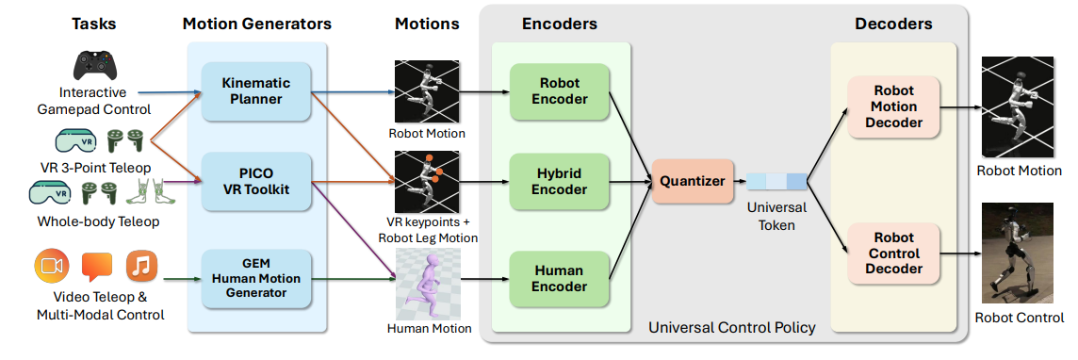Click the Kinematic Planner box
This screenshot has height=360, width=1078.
click(255, 92)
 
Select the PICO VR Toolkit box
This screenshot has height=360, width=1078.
click(255, 182)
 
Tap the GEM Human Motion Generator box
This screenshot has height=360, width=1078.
click(255, 279)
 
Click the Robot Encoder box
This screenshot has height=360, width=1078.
click(560, 92)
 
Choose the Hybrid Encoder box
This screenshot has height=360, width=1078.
click(560, 181)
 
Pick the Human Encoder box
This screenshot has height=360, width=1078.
click(560, 279)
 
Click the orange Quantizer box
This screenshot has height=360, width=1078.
click(693, 182)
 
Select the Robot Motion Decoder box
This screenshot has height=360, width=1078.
click(893, 106)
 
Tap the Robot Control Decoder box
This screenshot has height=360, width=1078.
click(893, 254)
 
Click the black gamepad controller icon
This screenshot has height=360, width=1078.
click(95, 65)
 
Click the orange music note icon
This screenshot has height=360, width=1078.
click(142, 267)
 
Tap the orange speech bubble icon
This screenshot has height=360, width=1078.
click(97, 268)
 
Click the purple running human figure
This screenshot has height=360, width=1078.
click(425, 284)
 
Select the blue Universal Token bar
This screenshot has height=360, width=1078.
click(776, 182)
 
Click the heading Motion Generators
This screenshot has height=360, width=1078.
click(257, 25)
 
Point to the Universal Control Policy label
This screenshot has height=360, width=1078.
click(732, 327)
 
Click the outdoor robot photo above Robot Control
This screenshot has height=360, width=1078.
click(1018, 253)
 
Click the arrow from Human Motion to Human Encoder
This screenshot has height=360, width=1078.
click(483, 280)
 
